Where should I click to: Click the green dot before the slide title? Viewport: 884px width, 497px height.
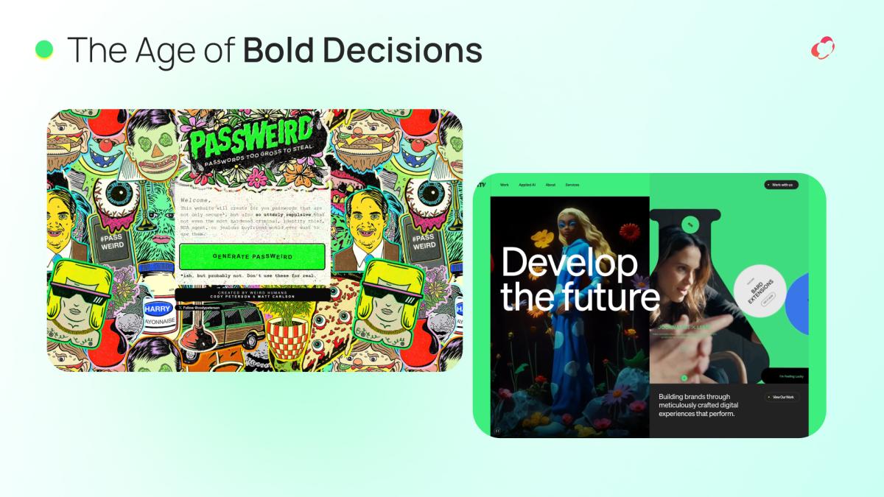(x=45, y=49)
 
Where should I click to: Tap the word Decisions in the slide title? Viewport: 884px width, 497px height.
(x=402, y=50)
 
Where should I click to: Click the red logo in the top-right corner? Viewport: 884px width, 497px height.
(x=822, y=49)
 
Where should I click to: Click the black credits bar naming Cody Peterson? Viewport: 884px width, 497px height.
(x=253, y=294)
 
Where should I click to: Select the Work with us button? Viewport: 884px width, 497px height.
(x=781, y=185)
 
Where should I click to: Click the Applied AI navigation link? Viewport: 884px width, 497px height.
(x=527, y=185)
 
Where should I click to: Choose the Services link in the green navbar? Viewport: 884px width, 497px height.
(x=572, y=185)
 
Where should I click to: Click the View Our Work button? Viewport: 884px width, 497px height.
(x=781, y=398)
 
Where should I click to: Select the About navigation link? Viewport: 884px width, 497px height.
(x=550, y=185)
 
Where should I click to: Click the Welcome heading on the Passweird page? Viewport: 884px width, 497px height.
(x=194, y=200)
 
